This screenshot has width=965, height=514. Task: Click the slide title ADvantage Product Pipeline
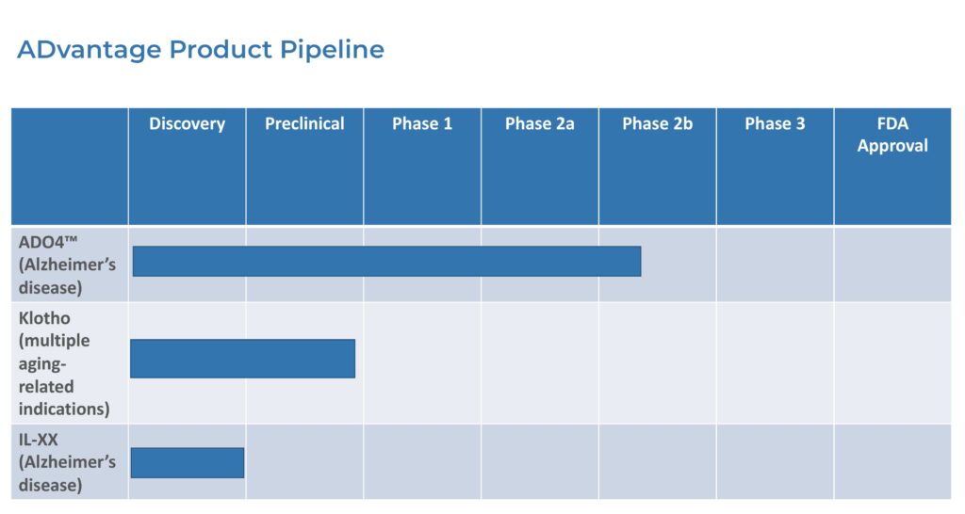tap(201, 50)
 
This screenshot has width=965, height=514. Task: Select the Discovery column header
tap(188, 123)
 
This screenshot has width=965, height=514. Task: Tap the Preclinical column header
tap(304, 123)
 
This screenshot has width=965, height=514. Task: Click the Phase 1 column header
tap(422, 123)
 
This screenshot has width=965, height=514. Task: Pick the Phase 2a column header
tap(540, 123)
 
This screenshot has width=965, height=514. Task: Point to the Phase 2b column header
tap(657, 123)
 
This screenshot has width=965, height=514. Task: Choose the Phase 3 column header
tap(775, 123)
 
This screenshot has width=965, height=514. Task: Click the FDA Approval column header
tap(892, 135)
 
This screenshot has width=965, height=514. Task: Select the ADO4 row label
tap(67, 265)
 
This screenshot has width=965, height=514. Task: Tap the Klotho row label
tap(64, 362)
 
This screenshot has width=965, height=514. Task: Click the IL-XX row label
tap(67, 461)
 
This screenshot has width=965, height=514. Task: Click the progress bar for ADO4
tap(386, 262)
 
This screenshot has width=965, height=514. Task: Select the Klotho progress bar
tap(242, 359)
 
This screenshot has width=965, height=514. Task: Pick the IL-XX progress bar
tap(188, 463)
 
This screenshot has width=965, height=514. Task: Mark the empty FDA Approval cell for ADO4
tap(892, 265)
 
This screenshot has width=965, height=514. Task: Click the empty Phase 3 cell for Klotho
tap(775, 362)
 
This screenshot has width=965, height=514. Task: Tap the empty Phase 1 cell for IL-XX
tap(422, 461)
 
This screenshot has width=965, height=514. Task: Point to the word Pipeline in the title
tap(333, 50)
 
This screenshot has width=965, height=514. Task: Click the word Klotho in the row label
tap(44, 318)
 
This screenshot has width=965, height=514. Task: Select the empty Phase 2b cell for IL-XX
tap(657, 461)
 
